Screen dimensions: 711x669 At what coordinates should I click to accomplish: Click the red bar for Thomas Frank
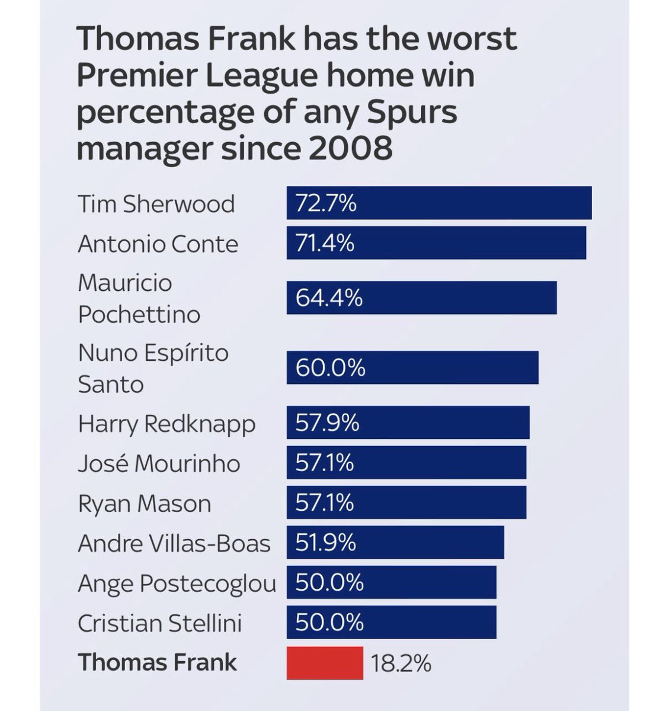coord(325,662)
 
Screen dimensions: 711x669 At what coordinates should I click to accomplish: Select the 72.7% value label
coord(326,203)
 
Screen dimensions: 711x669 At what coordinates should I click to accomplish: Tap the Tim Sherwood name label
coord(156,204)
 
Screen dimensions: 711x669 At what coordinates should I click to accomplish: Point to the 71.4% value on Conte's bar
coord(325,243)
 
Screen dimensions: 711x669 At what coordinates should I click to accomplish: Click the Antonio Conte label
coord(158,244)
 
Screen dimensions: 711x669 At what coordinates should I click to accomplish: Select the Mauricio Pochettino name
coord(139,298)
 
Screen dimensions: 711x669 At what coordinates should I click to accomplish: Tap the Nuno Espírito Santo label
coord(153,368)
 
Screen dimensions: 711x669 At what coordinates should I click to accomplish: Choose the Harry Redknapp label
coord(167,424)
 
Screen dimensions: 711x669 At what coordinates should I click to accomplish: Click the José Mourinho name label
coord(159,463)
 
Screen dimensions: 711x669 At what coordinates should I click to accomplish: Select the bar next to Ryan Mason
coord(406,502)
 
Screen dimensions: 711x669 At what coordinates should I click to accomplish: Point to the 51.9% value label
coord(325,542)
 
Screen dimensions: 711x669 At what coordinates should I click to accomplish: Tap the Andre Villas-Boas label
coord(174,543)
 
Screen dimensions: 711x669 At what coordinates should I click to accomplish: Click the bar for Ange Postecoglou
coord(391,582)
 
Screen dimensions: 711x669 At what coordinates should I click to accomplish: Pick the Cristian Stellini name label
coord(160,623)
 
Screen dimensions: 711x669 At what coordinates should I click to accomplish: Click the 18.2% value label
coord(401,664)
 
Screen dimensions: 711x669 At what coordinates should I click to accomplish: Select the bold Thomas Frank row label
coord(158,662)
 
